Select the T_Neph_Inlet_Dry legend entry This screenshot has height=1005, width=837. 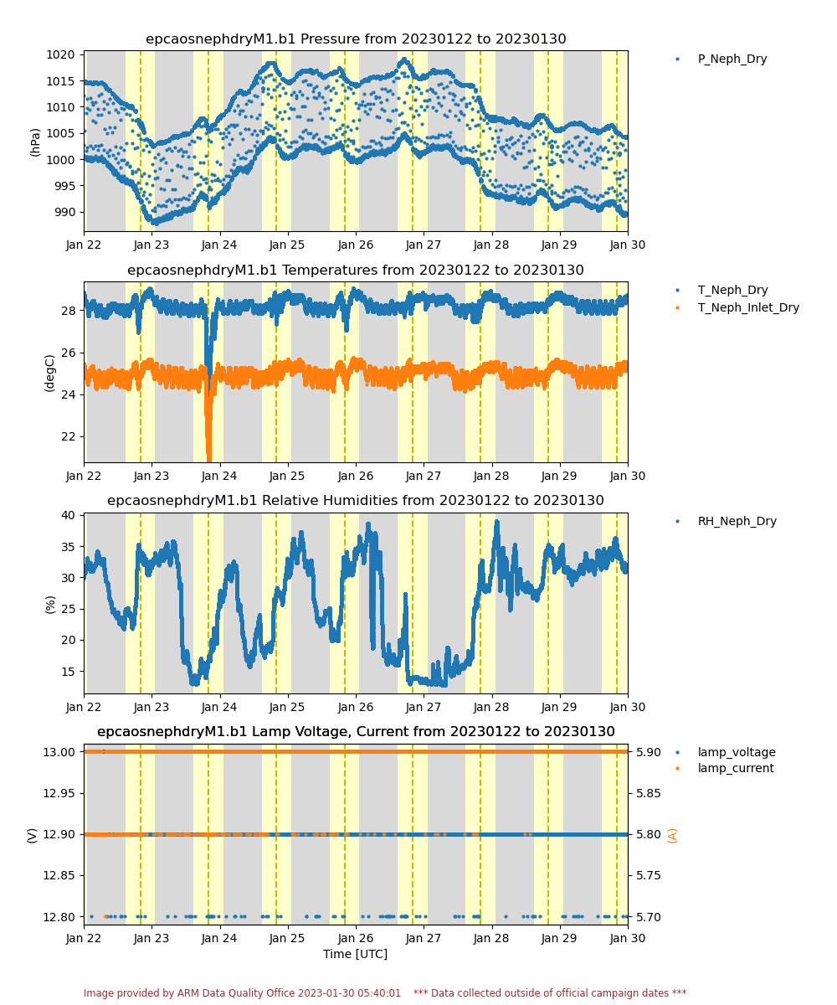coord(737,307)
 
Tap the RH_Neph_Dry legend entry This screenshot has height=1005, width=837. coord(725,521)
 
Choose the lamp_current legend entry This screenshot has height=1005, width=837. coord(724,768)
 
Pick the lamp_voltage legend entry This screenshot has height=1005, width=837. coord(725,752)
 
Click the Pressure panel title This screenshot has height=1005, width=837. coord(356,39)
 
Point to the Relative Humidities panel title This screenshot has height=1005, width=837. coord(356,501)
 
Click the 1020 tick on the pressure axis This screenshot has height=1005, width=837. coord(60,55)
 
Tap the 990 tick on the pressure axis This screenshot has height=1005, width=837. coord(64,212)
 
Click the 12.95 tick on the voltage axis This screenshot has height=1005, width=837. coord(59,793)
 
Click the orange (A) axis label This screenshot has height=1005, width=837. coord(672,835)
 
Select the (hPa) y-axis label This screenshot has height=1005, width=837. coord(34,142)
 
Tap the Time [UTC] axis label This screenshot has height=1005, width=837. coord(355,954)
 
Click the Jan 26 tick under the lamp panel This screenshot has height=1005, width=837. coord(356,938)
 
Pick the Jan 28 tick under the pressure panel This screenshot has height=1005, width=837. coord(491,245)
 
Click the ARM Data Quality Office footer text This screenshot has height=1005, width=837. coord(242,992)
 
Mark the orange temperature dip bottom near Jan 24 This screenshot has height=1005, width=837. coord(209,460)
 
